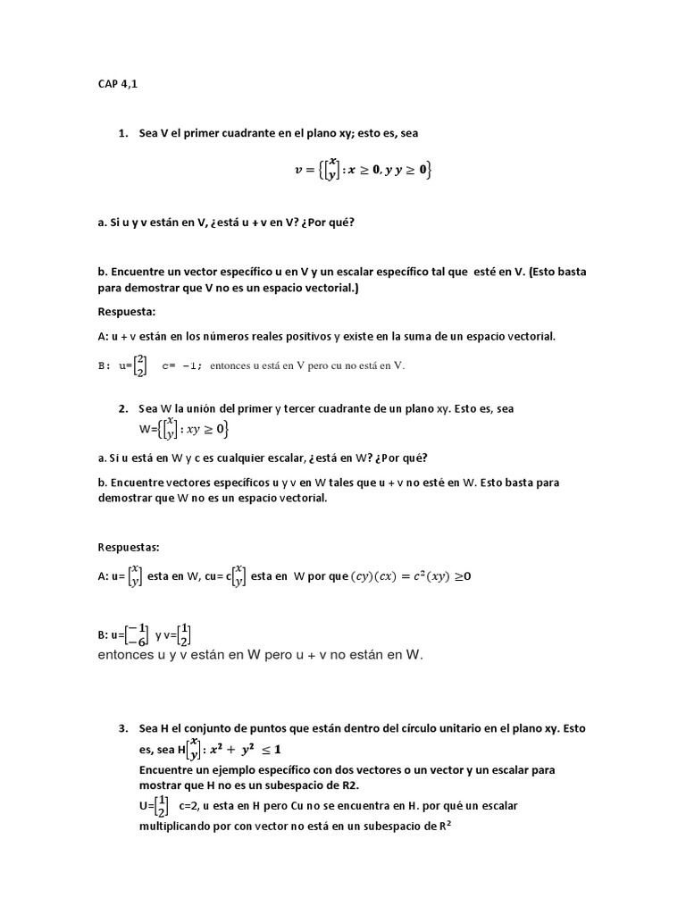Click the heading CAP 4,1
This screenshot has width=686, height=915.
(118, 85)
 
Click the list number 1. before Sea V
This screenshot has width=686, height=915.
(123, 133)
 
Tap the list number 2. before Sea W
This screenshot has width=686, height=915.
(123, 408)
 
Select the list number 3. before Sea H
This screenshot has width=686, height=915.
(123, 728)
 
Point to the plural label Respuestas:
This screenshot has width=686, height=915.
(129, 547)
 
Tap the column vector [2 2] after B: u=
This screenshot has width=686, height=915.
(139, 365)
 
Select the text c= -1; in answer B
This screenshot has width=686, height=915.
(182, 365)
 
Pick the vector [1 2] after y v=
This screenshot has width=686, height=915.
(184, 635)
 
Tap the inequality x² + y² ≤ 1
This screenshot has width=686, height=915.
(242, 749)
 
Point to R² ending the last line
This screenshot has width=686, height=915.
(445, 827)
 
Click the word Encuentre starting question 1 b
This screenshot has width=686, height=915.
(134, 272)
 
